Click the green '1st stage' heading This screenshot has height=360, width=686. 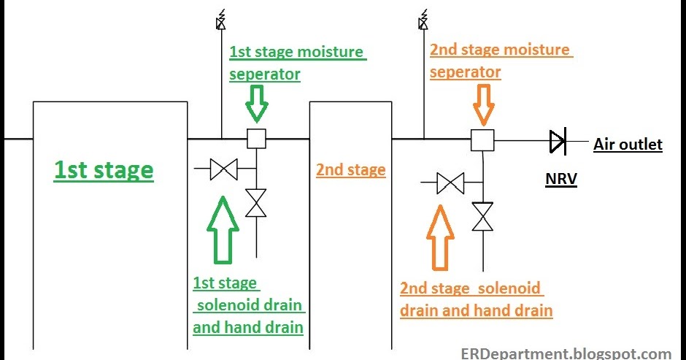[x=104, y=170]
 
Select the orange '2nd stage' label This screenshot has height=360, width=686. [x=351, y=170]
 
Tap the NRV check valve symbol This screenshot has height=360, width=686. [x=558, y=141]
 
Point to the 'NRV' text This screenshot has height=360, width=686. [x=561, y=179]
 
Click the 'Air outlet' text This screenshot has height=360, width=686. [x=628, y=145]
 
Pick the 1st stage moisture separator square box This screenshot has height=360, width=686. [x=256, y=139]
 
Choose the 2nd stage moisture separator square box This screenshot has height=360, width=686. [x=482, y=140]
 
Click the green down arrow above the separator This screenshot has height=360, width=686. [x=257, y=104]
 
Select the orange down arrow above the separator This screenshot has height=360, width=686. [x=484, y=104]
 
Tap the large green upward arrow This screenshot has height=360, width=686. [x=223, y=230]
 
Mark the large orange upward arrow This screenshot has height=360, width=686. [x=440, y=237]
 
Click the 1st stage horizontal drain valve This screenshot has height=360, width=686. [x=224, y=169]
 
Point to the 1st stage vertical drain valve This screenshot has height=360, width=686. [x=256, y=203]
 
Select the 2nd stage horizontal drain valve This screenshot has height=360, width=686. [x=450, y=183]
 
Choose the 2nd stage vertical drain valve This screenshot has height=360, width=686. [x=482, y=216]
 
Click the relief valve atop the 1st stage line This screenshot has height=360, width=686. [x=221, y=20]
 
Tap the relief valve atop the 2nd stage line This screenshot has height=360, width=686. [x=423, y=20]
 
